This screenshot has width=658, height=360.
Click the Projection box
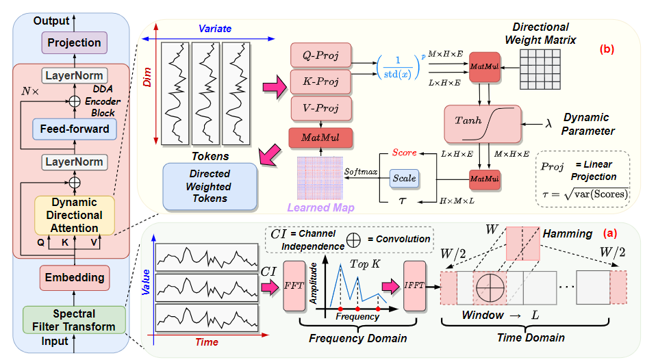(74, 43)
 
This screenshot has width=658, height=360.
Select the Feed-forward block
(75, 129)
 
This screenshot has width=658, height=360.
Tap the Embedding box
(75, 277)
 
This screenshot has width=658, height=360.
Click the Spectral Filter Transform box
(74, 320)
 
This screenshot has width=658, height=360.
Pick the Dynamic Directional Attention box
(74, 215)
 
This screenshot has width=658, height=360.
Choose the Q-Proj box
(320, 55)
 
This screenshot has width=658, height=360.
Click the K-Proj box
(320, 81)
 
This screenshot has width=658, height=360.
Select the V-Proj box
(320, 108)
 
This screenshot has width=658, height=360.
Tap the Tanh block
(483, 124)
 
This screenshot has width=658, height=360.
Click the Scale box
(404, 179)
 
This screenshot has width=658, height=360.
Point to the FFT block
(294, 286)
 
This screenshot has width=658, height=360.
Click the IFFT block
(415, 286)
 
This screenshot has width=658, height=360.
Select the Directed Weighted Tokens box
(210, 186)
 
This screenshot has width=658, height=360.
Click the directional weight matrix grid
(540, 69)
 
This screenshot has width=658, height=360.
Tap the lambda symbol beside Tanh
(548, 124)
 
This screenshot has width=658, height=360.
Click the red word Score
(405, 153)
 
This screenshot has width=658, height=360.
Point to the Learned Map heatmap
(320, 178)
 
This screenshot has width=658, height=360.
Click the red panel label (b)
(607, 49)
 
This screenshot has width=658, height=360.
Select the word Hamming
(568, 233)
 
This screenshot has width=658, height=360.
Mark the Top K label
(365, 264)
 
